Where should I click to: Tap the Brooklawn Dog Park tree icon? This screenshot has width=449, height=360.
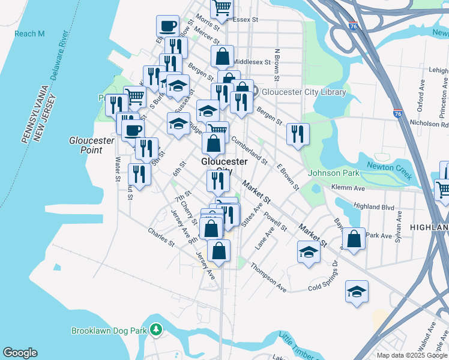(156, 330)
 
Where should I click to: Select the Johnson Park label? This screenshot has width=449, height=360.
(333, 173)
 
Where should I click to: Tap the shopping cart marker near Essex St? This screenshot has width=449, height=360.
(221, 8)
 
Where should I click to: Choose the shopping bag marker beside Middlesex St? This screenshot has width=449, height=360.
(222, 56)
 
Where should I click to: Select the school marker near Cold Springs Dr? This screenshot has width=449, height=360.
(357, 291)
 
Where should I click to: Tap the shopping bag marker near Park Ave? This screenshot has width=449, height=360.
(354, 238)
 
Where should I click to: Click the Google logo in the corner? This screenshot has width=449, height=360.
(20, 353)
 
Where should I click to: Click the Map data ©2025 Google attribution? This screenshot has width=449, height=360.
(412, 355)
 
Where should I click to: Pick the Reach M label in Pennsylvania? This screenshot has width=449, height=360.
(30, 34)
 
